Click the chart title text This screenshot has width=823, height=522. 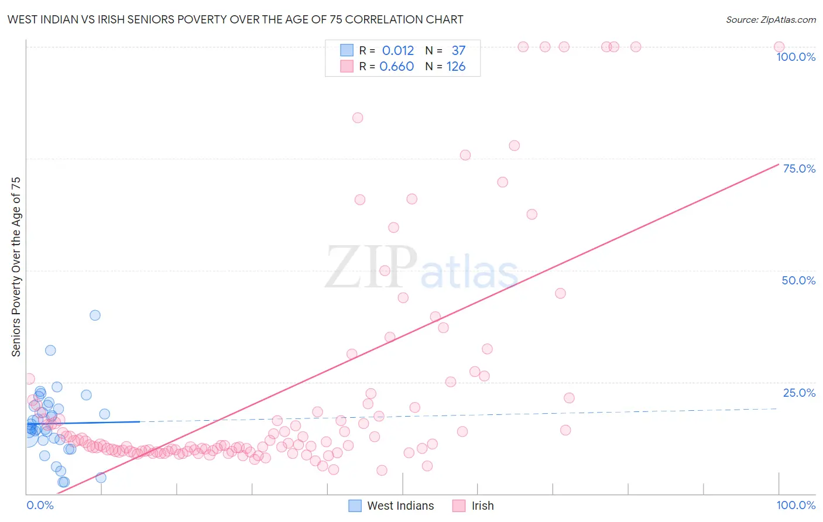[x=235, y=19]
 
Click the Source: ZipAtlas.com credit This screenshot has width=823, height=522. [x=770, y=19]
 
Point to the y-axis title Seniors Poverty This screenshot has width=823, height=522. [x=16, y=267]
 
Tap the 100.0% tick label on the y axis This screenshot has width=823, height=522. [x=795, y=57]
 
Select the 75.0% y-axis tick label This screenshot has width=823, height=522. [x=799, y=169]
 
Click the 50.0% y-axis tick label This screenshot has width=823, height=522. [x=798, y=280]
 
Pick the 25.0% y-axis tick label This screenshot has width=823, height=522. [x=799, y=393]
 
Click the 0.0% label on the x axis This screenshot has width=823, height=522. [x=40, y=505]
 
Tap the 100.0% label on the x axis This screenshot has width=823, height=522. [x=795, y=505]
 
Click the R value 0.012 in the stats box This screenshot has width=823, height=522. [x=397, y=50]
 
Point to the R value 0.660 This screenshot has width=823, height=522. [x=396, y=66]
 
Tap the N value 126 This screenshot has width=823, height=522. [x=456, y=66]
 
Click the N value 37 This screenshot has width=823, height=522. [x=458, y=50]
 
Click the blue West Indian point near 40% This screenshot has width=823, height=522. [x=95, y=315]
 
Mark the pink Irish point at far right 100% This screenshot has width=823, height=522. [x=779, y=47]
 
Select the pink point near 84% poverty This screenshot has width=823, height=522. [x=358, y=118]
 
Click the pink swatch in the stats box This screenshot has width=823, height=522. [x=347, y=66]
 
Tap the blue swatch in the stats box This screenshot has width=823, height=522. [x=347, y=50]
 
